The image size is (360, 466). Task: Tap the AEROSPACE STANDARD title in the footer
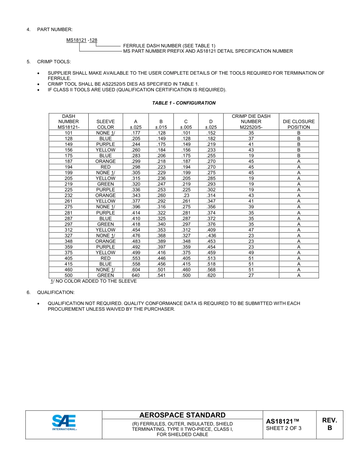pos(182,415)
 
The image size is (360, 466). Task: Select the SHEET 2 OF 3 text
pos(283,428)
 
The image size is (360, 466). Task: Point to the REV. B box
pos(329,424)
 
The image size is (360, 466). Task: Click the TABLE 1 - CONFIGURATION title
pos(184,103)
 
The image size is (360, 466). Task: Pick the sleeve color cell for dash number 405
pos(105,258)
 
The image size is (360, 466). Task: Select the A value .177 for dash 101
pos(136,133)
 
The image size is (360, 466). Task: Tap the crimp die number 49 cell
pos(251,253)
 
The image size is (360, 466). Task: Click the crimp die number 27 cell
pos(251,275)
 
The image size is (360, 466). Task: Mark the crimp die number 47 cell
pos(251,230)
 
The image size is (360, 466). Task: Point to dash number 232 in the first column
pos(69,195)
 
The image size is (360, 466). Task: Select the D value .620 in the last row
pos(211,275)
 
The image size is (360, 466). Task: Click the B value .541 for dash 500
pos(161,275)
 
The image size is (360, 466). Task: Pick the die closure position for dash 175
pos(299,156)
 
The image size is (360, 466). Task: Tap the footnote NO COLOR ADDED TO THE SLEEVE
pos(94,281)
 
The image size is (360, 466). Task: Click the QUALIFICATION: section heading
pos(56,292)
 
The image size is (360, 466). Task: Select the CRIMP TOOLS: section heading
pos(54,62)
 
